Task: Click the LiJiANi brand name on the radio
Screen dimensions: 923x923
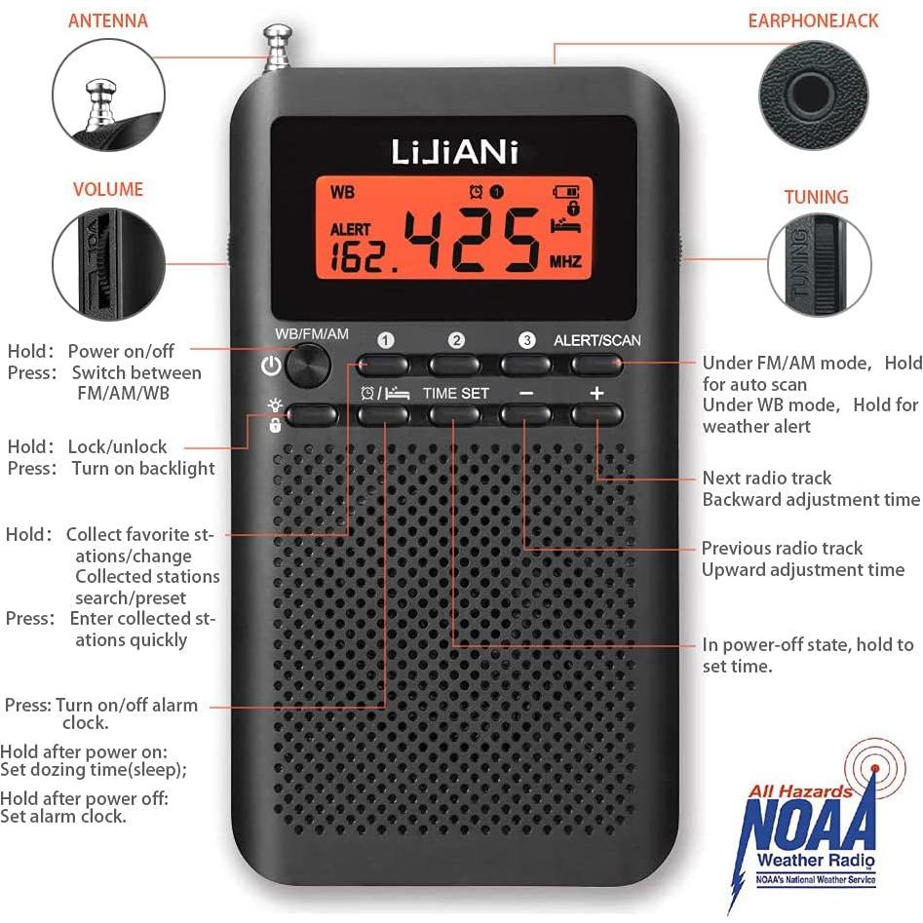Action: pyautogui.click(x=455, y=152)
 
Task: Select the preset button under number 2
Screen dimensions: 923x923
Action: pyautogui.click(x=455, y=365)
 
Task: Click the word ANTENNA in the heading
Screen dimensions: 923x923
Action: pyautogui.click(x=108, y=20)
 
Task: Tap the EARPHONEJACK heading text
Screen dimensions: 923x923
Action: pyautogui.click(x=813, y=20)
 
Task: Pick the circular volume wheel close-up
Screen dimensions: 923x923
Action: pyautogui.click(x=105, y=263)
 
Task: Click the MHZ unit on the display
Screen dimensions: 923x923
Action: pyautogui.click(x=565, y=261)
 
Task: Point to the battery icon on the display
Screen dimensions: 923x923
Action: pyautogui.click(x=565, y=192)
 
